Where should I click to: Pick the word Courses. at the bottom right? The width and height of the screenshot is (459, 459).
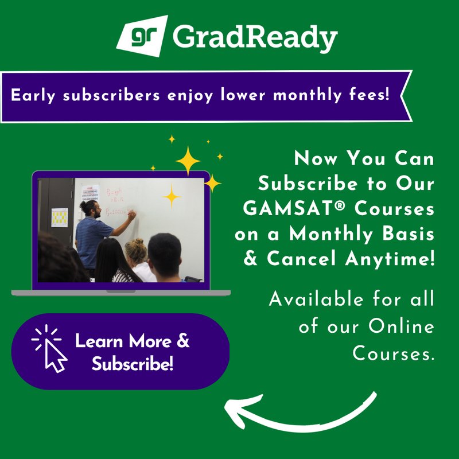[x=392, y=352]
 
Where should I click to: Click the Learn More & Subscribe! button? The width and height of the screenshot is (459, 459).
[x=120, y=352]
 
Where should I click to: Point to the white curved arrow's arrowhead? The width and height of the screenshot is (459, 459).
[x=232, y=409]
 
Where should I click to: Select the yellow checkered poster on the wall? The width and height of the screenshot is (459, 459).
[x=59, y=217]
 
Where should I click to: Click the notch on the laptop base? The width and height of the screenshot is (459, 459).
[x=120, y=291]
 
